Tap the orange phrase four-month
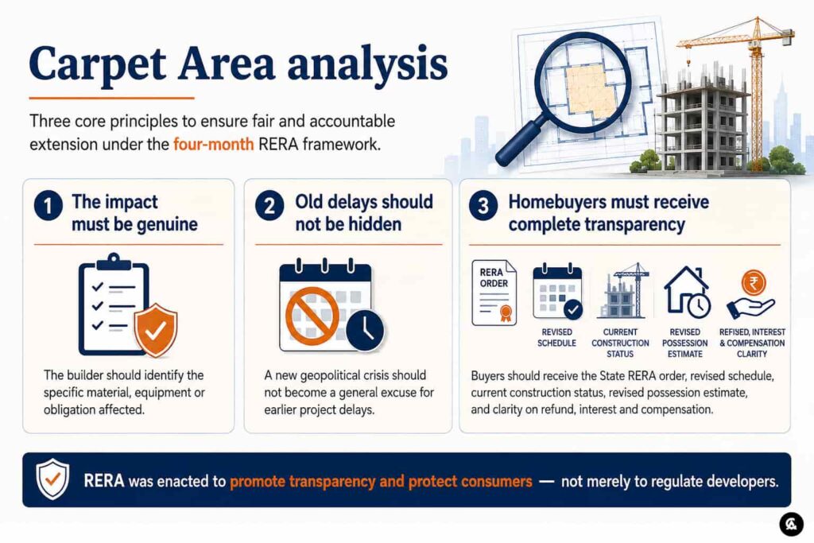pyautogui.click(x=213, y=144)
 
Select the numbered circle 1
pyautogui.click(x=48, y=206)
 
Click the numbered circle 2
pyautogui.click(x=269, y=206)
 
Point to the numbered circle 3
pyautogui.click(x=483, y=206)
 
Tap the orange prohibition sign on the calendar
pyautogui.click(x=312, y=316)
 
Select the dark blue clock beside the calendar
pyautogui.click(x=365, y=330)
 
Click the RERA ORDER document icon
pyautogui.click(x=494, y=293)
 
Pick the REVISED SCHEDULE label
pyautogui.click(x=556, y=337)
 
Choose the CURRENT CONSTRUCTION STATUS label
pyautogui.click(x=620, y=343)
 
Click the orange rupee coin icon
pyautogui.click(x=753, y=284)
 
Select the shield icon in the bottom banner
pyautogui.click(x=52, y=479)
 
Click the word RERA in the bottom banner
pyautogui.click(x=104, y=481)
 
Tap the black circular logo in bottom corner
pyautogui.click(x=791, y=523)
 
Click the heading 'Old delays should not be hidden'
pyautogui.click(x=364, y=213)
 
